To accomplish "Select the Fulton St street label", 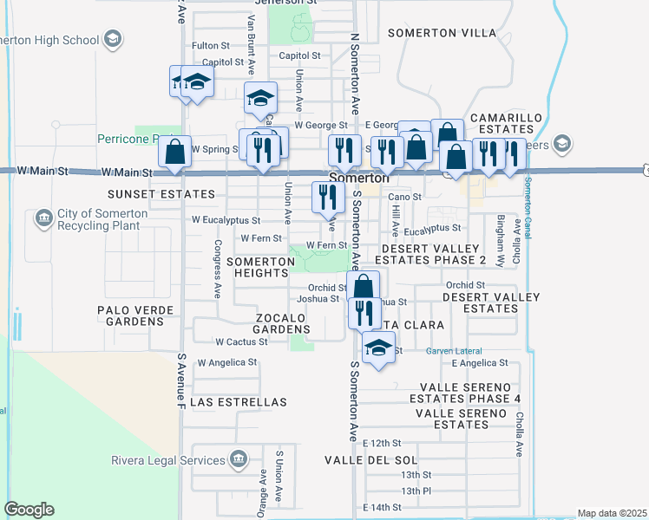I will pos(210,45).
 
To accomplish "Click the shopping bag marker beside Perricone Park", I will pos(175,152).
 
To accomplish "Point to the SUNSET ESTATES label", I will pos(148,196).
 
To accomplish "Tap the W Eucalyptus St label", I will pos(226,221).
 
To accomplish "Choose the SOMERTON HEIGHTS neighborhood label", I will pos(257,267).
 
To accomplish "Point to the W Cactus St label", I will pos(241,342).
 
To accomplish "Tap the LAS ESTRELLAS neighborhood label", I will pos(238,403).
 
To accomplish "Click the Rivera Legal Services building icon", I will pos(238,459).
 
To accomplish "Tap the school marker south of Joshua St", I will pos(377,349).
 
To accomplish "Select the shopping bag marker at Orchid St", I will pos(364,286).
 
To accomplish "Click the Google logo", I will pos(29,510).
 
